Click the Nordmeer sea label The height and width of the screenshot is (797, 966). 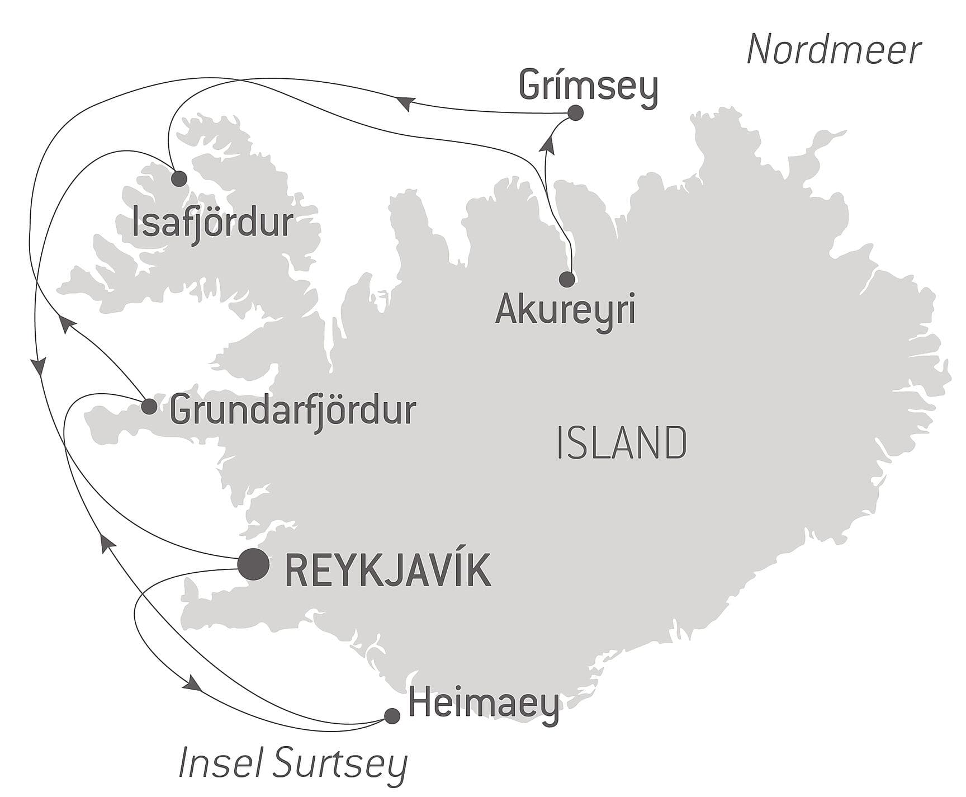click(x=834, y=50)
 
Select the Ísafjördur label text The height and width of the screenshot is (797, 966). click(x=212, y=223)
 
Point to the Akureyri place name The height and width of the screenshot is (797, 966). click(x=565, y=309)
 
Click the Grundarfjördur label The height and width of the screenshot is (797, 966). click(x=293, y=411)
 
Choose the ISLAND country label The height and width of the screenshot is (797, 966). click(x=622, y=443)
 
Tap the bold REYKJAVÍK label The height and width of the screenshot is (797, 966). click(x=388, y=570)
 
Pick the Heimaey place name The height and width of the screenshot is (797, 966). click(x=484, y=705)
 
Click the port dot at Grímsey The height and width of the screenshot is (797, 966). click(x=575, y=113)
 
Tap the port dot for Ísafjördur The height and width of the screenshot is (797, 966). click(x=179, y=179)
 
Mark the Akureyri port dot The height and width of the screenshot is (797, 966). click(x=567, y=279)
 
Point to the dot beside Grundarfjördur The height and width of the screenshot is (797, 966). click(x=149, y=407)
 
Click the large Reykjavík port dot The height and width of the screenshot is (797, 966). click(x=254, y=564)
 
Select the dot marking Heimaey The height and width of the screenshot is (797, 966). click(x=392, y=716)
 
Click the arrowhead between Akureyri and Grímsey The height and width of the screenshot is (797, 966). click(x=548, y=145)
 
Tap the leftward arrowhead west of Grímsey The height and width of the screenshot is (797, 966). click(x=405, y=103)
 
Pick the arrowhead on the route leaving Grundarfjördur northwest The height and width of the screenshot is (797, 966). click(x=67, y=323)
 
